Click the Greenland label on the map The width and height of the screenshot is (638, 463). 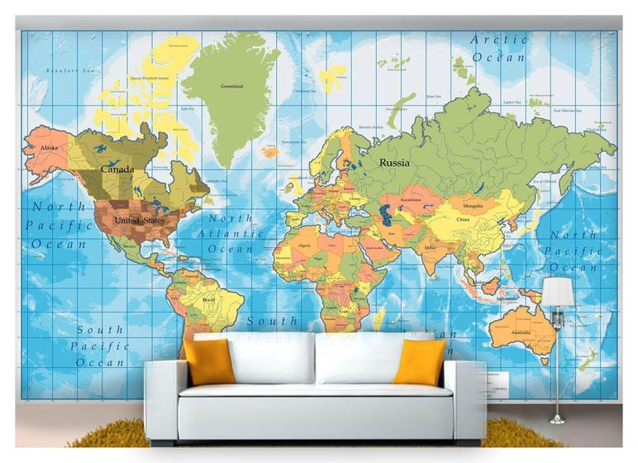pyautogui.click(x=231, y=86)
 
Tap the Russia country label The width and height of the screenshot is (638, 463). pyautogui.click(x=394, y=163)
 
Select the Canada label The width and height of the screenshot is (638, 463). pyautogui.click(x=117, y=169)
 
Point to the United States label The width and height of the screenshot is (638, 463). pyautogui.click(x=139, y=221)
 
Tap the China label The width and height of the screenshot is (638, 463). pyautogui.click(x=462, y=220)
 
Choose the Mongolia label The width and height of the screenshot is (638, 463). pyautogui.click(x=473, y=205)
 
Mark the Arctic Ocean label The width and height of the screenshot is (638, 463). pyautogui.click(x=498, y=48)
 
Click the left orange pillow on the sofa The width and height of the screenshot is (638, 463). pyautogui.click(x=209, y=360)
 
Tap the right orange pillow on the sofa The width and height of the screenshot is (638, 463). pyautogui.click(x=419, y=362)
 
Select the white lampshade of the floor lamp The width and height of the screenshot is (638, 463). pyautogui.click(x=557, y=291)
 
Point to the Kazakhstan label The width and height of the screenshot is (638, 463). pyautogui.click(x=411, y=199)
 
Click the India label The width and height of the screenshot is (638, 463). pyautogui.click(x=430, y=248)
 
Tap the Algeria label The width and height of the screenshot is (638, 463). pyautogui.click(x=304, y=246)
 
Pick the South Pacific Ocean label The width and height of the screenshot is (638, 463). pyautogui.click(x=100, y=346)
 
